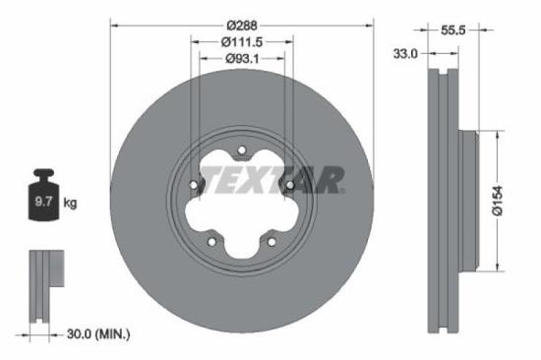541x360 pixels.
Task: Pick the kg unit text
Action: tap(71, 204)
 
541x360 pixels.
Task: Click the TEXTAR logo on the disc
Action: tap(271, 180)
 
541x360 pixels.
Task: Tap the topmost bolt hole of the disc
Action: tap(242, 150)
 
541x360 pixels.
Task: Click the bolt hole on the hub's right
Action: tap(289, 184)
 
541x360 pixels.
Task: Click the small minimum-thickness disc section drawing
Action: tap(41, 286)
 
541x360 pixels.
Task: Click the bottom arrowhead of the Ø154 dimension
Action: tap(499, 267)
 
